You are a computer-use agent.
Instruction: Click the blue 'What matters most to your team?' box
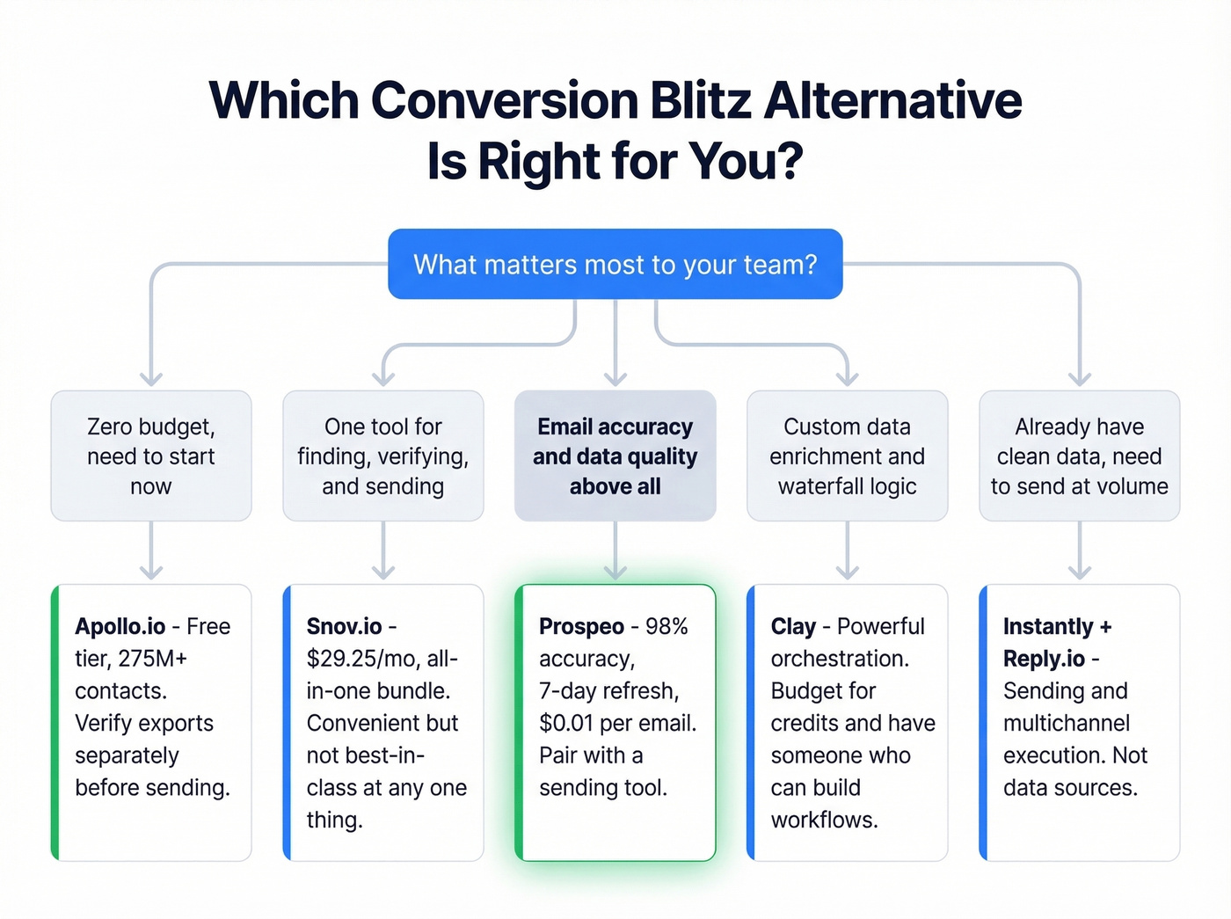[x=615, y=264]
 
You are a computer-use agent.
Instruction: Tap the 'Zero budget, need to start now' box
[x=151, y=456]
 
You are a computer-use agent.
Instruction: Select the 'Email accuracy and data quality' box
[x=615, y=456]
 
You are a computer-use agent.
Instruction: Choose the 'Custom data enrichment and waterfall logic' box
[x=847, y=456]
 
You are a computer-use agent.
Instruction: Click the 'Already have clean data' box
[x=1079, y=456]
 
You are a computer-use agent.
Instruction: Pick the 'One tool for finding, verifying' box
[x=383, y=456]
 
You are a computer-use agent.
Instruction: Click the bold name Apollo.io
[x=120, y=626]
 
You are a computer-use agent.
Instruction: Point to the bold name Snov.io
[x=344, y=626]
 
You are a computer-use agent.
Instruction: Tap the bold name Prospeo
[x=581, y=626]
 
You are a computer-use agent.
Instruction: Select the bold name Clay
[x=793, y=626]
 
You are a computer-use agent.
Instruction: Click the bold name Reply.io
[x=1044, y=659]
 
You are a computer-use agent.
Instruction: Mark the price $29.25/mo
[x=361, y=659]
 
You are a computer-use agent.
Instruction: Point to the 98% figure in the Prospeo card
[x=666, y=626]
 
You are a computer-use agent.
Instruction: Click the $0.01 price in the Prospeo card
[x=565, y=723]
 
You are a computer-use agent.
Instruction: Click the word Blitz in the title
[x=701, y=100]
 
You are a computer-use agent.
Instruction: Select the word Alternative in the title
[x=892, y=100]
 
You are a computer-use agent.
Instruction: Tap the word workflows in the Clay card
[x=824, y=820]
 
